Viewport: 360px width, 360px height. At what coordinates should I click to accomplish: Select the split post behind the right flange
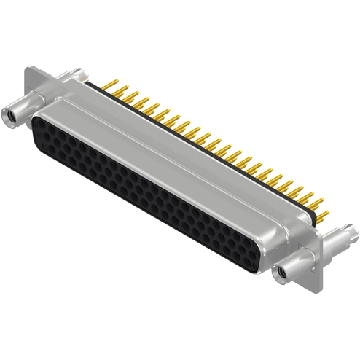pyautogui.click(x=343, y=235)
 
